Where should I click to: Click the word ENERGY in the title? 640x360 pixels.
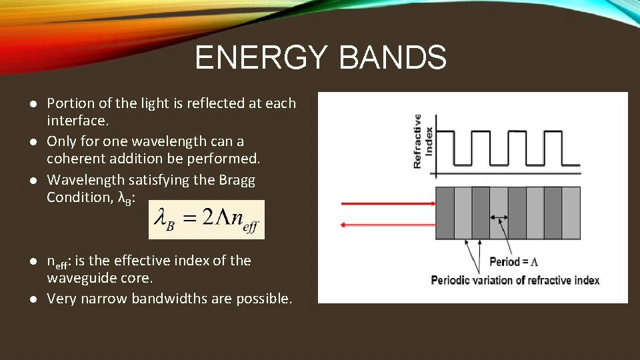click(263, 57)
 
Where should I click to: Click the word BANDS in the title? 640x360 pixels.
click(393, 57)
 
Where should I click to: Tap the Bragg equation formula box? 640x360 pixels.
click(206, 219)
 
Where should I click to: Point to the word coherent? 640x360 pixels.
click(75, 159)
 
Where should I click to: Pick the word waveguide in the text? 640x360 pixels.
click(78, 277)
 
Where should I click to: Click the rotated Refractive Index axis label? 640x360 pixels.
click(422, 141)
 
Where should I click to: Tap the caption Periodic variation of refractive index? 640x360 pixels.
click(515, 280)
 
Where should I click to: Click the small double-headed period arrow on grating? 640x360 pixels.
click(498, 217)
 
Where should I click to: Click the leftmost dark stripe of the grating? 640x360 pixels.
click(445, 213)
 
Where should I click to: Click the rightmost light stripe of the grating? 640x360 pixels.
click(571, 213)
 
